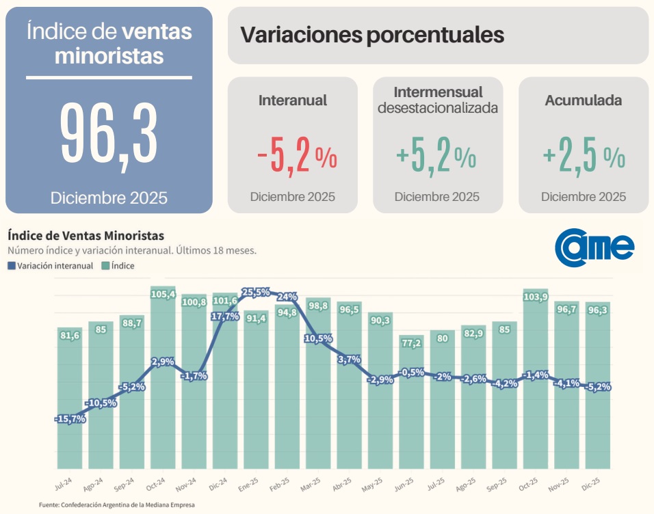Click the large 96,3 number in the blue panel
109,135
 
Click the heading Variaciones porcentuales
373,35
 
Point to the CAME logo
594,246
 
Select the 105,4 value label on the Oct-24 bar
163,295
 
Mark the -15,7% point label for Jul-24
70,419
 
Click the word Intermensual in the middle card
438,92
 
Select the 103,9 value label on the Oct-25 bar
536,297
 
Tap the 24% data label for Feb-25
287,297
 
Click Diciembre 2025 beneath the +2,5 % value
584,197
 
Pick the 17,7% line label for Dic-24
225,316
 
